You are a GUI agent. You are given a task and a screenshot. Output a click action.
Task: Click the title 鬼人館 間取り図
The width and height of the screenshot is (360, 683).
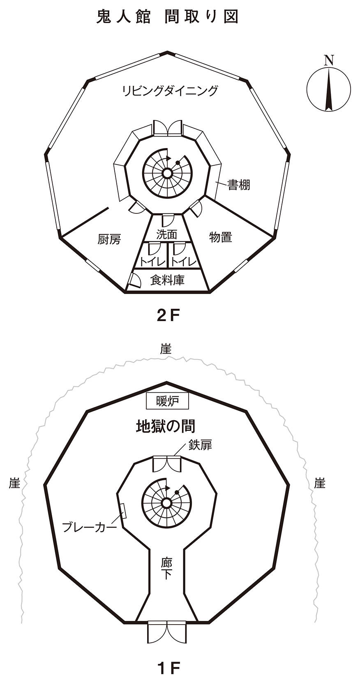tap(167, 17)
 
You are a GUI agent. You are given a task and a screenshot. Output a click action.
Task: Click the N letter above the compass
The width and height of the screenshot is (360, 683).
tap(328, 60)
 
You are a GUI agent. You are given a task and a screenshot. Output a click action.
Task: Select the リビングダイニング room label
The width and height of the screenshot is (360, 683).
tap(170, 90)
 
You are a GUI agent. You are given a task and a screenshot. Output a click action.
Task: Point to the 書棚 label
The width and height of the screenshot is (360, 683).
tap(239, 185)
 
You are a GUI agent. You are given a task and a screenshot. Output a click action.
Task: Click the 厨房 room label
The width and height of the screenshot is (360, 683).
tap(109, 239)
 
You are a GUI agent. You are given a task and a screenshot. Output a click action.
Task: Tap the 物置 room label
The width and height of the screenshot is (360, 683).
tap(221, 237)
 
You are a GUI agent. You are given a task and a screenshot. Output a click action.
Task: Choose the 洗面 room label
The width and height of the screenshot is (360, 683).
tap(167, 234)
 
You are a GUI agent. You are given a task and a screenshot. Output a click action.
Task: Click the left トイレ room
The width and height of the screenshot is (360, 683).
tap(152, 261)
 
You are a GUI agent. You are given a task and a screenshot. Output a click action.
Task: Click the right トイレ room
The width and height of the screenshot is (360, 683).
tap(184, 261)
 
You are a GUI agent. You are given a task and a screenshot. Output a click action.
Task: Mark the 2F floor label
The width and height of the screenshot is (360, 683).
tap(168, 315)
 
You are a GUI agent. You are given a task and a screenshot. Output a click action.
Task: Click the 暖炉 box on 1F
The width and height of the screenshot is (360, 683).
tap(168, 401)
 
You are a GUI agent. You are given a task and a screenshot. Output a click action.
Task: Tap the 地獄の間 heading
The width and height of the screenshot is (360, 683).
tap(166, 426)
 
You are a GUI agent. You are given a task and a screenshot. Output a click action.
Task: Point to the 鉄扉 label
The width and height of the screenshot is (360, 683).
tap(200, 445)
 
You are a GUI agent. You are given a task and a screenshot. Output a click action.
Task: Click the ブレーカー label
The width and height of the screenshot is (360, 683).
tap(89, 527)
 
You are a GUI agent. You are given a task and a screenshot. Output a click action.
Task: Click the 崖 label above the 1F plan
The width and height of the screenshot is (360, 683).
tap(166, 350)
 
